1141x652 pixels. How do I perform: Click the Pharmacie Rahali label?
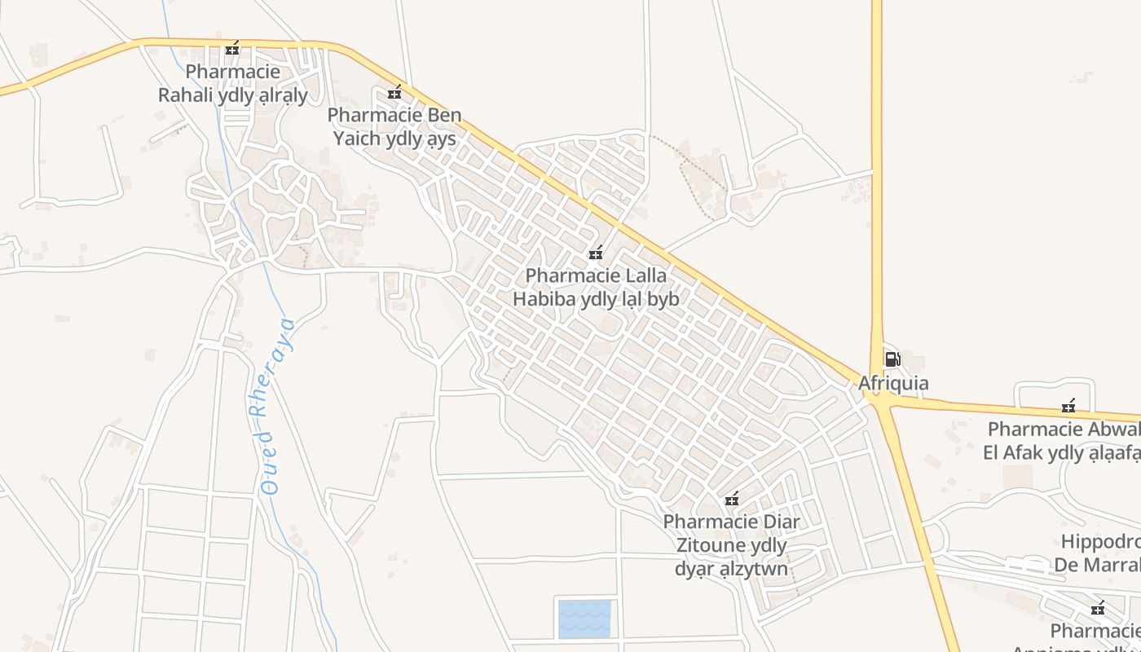pyautogui.click(x=233, y=84)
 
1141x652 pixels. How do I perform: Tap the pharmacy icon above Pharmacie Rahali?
pyautogui.click(x=232, y=48)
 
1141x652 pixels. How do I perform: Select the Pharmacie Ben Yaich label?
pyautogui.click(x=394, y=126)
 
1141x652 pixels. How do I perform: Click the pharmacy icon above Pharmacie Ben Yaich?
pyautogui.click(x=394, y=92)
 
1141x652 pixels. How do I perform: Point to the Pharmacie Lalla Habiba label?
pyautogui.click(x=596, y=288)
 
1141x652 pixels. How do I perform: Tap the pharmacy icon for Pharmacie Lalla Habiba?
pyautogui.click(x=596, y=253)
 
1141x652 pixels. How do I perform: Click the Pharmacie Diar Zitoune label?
pyautogui.click(x=731, y=544)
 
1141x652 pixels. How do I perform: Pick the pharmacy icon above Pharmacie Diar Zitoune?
pyautogui.click(x=732, y=499)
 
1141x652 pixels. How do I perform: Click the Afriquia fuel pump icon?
pyautogui.click(x=892, y=359)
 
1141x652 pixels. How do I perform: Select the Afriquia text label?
pyautogui.click(x=893, y=383)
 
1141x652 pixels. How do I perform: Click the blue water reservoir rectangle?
pyautogui.click(x=584, y=619)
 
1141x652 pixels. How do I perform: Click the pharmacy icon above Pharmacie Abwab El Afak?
pyautogui.click(x=1068, y=406)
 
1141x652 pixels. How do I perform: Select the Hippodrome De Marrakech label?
pyautogui.click(x=1097, y=553)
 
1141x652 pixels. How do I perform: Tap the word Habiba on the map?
pyautogui.click(x=544, y=299)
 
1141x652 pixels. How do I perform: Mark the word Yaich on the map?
pyautogui.click(x=357, y=139)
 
